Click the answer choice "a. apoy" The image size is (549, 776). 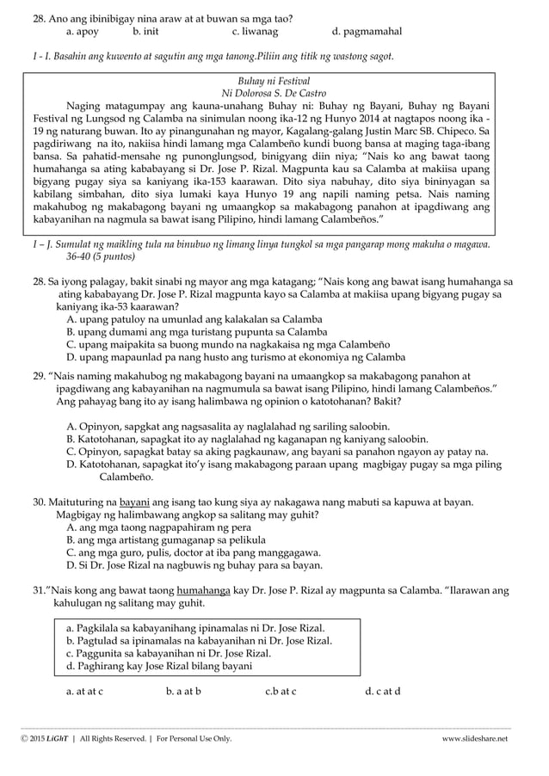tap(82, 32)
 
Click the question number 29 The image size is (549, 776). tap(39, 377)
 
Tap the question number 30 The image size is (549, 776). tap(39, 502)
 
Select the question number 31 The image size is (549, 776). tap(39, 590)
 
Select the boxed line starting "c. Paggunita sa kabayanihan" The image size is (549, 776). tap(168, 653)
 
